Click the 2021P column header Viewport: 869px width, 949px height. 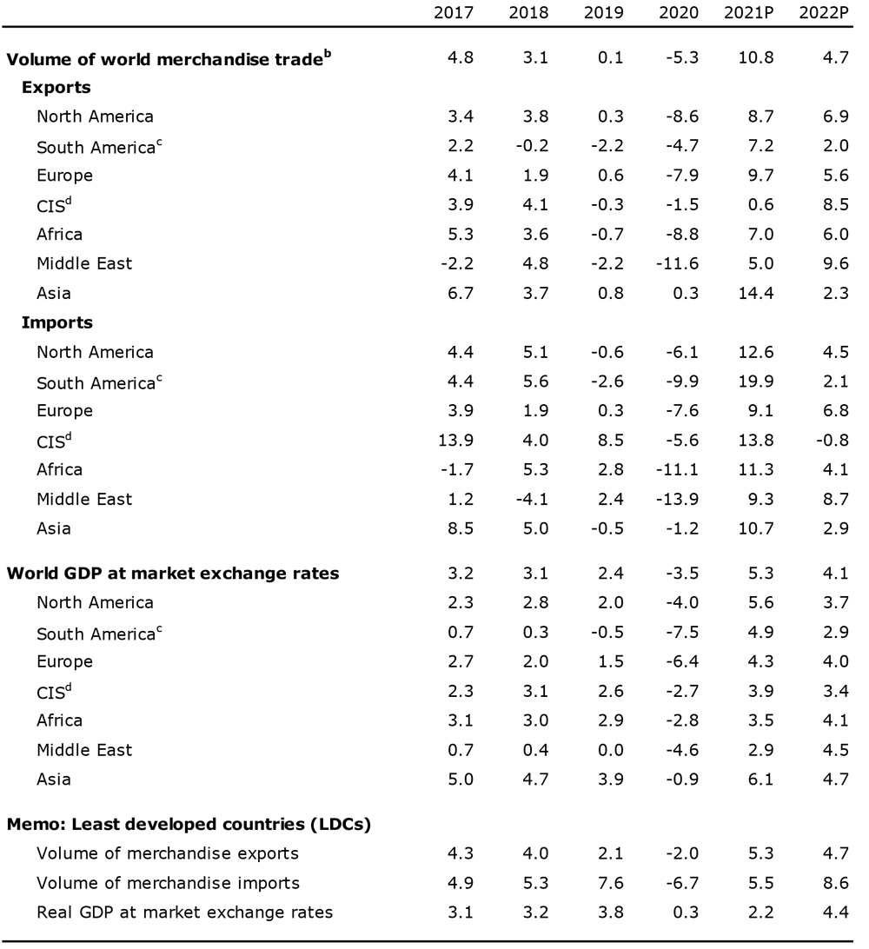pos(748,13)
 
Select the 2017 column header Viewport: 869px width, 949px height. pos(454,13)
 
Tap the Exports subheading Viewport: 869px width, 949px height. pos(56,87)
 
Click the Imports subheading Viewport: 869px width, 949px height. pos(57,322)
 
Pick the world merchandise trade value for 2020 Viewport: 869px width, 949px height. pos(682,57)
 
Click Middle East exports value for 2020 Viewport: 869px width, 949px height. pos(677,264)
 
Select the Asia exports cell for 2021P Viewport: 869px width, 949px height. pos(756,294)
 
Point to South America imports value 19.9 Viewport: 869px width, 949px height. pos(756,382)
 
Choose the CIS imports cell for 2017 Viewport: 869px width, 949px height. pos(456,440)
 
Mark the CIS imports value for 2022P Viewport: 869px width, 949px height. pos(833,440)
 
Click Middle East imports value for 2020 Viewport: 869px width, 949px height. pos(677,500)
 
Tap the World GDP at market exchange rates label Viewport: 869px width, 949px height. pos(173,574)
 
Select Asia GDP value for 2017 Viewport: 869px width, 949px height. pos(461,780)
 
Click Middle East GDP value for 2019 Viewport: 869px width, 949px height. pos(611,750)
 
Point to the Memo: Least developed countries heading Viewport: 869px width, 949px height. pos(189,825)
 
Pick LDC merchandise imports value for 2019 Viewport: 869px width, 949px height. pos(611,883)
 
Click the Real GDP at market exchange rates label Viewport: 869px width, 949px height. pos(184,912)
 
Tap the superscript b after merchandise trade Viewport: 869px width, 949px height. pos(328,54)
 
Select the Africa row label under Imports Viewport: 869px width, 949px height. pos(59,469)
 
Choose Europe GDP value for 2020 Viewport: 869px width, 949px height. pos(682,661)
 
